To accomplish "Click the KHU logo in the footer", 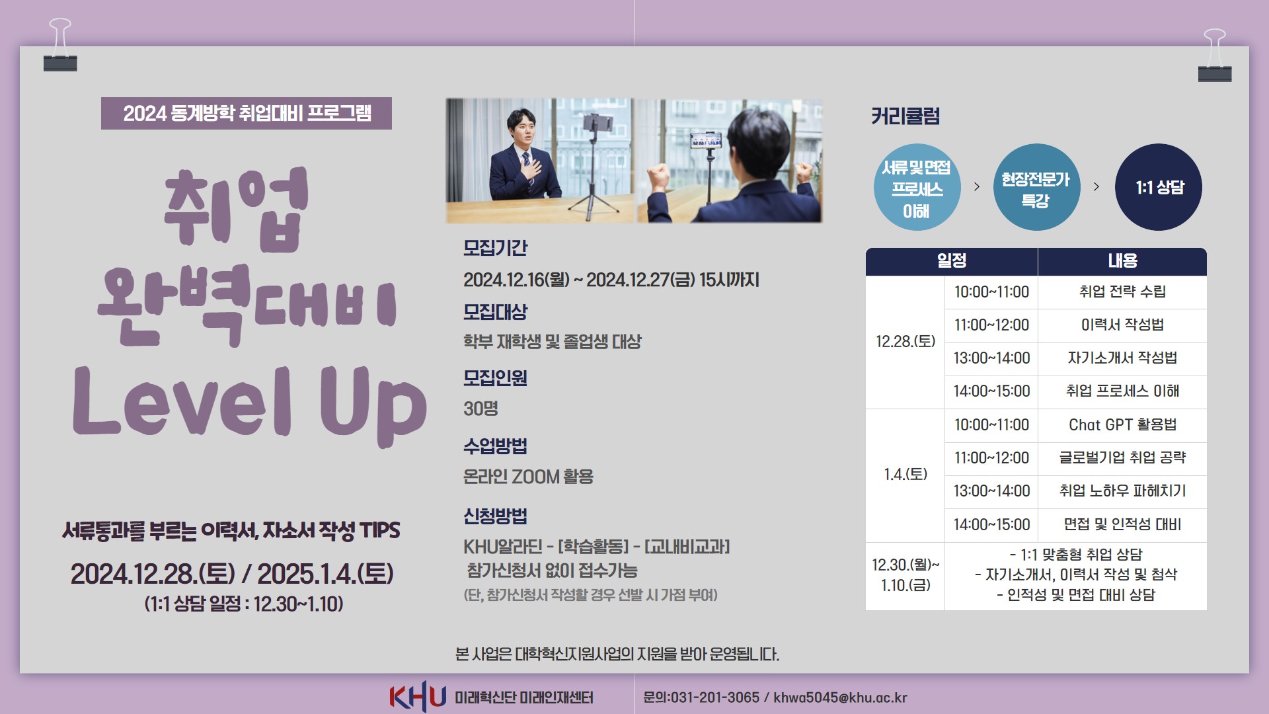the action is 418,696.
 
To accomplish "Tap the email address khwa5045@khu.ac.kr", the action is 840,697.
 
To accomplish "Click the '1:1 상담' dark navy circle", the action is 1159,187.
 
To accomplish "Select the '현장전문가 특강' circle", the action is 1036,187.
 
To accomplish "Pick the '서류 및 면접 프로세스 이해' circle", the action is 917,187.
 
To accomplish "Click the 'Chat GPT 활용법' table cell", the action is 1122,425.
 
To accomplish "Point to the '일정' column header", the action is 952,261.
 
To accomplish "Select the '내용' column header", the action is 1122,261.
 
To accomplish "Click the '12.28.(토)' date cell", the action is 905,342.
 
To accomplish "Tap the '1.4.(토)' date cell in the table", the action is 905,475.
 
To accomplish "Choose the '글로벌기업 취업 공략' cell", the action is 1122,458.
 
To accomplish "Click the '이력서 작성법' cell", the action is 1122,325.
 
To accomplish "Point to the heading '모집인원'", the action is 495,378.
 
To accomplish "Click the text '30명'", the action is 481,409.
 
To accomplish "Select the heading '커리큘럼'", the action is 905,116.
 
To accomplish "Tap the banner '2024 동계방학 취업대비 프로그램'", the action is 247,113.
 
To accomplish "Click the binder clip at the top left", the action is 60,45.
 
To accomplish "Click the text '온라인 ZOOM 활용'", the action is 528,477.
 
